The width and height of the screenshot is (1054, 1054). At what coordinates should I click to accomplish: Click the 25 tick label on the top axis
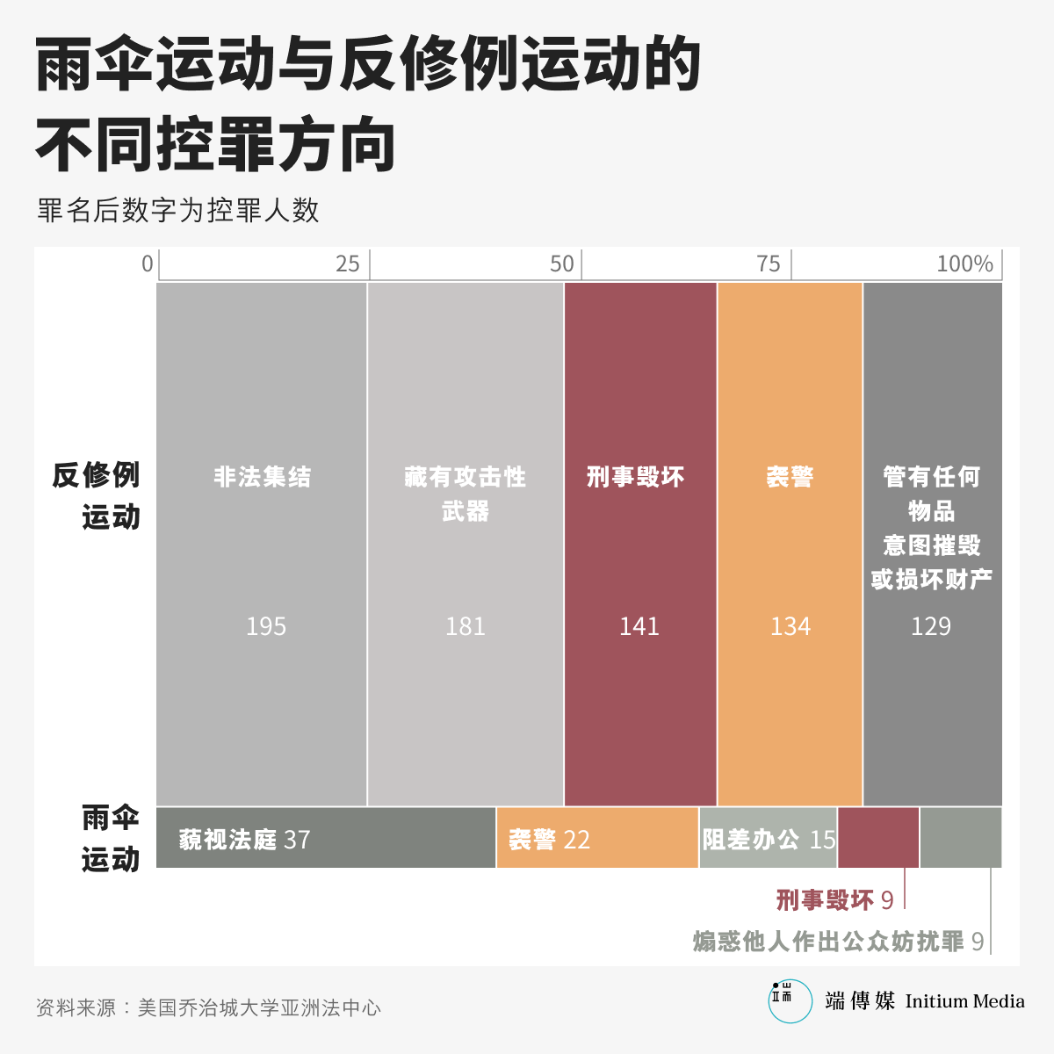(x=348, y=263)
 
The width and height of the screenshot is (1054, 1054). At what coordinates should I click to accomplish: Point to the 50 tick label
(x=561, y=263)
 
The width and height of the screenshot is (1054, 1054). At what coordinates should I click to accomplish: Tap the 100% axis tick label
(x=964, y=263)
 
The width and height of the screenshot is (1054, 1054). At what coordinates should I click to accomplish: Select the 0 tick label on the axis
(x=148, y=263)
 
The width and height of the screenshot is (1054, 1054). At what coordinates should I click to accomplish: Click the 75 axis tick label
(x=768, y=263)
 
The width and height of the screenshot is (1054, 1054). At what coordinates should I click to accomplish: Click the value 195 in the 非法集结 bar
(x=265, y=626)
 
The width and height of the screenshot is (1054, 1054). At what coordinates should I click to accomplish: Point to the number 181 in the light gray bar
(x=465, y=626)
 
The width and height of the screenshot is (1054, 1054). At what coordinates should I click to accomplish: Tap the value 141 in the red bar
(x=639, y=626)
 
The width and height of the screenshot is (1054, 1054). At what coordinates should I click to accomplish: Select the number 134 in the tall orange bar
(x=790, y=626)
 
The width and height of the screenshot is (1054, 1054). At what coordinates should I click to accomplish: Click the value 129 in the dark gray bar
(x=930, y=626)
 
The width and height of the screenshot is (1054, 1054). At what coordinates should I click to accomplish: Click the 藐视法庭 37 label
(x=244, y=840)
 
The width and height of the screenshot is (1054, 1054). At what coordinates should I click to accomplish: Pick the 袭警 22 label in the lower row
(x=549, y=840)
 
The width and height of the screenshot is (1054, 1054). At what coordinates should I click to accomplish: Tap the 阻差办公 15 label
(x=769, y=840)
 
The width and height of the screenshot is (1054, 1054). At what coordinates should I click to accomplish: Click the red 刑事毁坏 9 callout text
(x=834, y=900)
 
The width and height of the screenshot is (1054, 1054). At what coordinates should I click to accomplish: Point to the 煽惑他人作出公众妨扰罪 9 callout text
(x=838, y=942)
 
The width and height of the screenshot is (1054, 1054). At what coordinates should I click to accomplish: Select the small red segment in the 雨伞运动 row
(x=878, y=837)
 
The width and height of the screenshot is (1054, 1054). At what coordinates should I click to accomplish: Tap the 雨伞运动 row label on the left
(x=111, y=838)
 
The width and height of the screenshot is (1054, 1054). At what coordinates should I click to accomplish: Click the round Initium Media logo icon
(x=790, y=1001)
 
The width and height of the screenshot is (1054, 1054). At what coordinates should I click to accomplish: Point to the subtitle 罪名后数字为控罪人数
(x=177, y=211)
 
